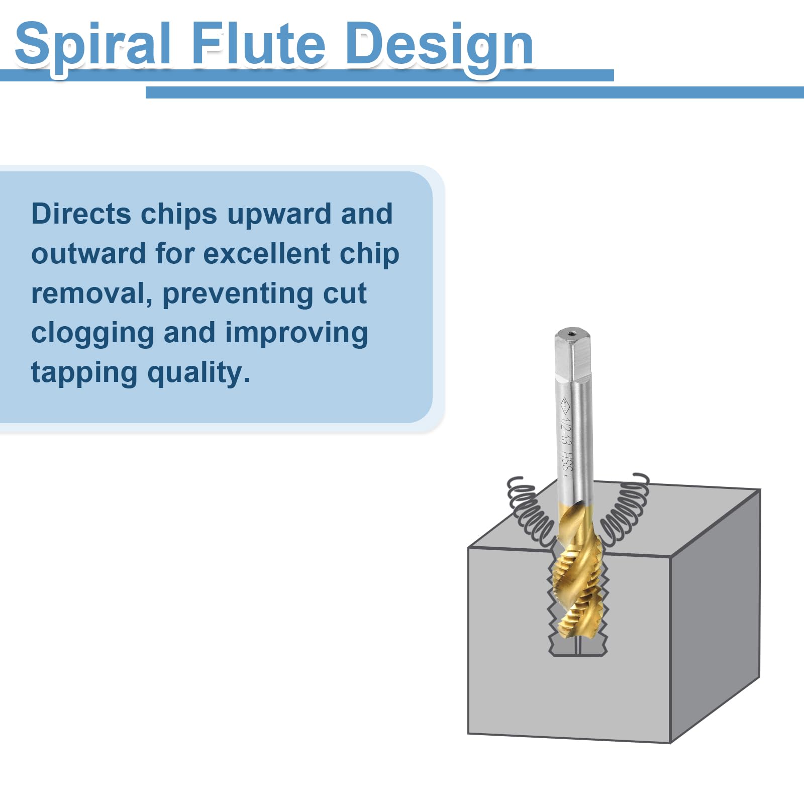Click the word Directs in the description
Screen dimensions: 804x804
click(x=81, y=214)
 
